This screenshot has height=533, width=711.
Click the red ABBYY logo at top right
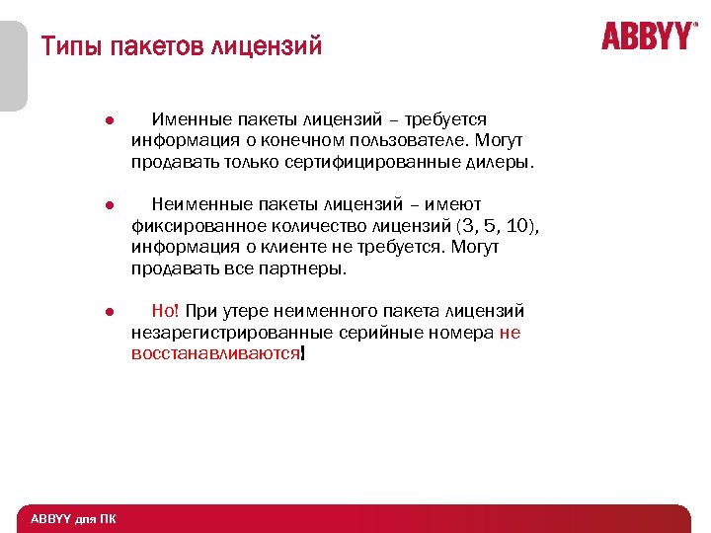click(648, 37)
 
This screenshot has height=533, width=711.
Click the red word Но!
click(166, 312)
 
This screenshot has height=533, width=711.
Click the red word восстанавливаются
click(215, 353)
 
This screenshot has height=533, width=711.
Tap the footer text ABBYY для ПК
click(71, 519)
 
